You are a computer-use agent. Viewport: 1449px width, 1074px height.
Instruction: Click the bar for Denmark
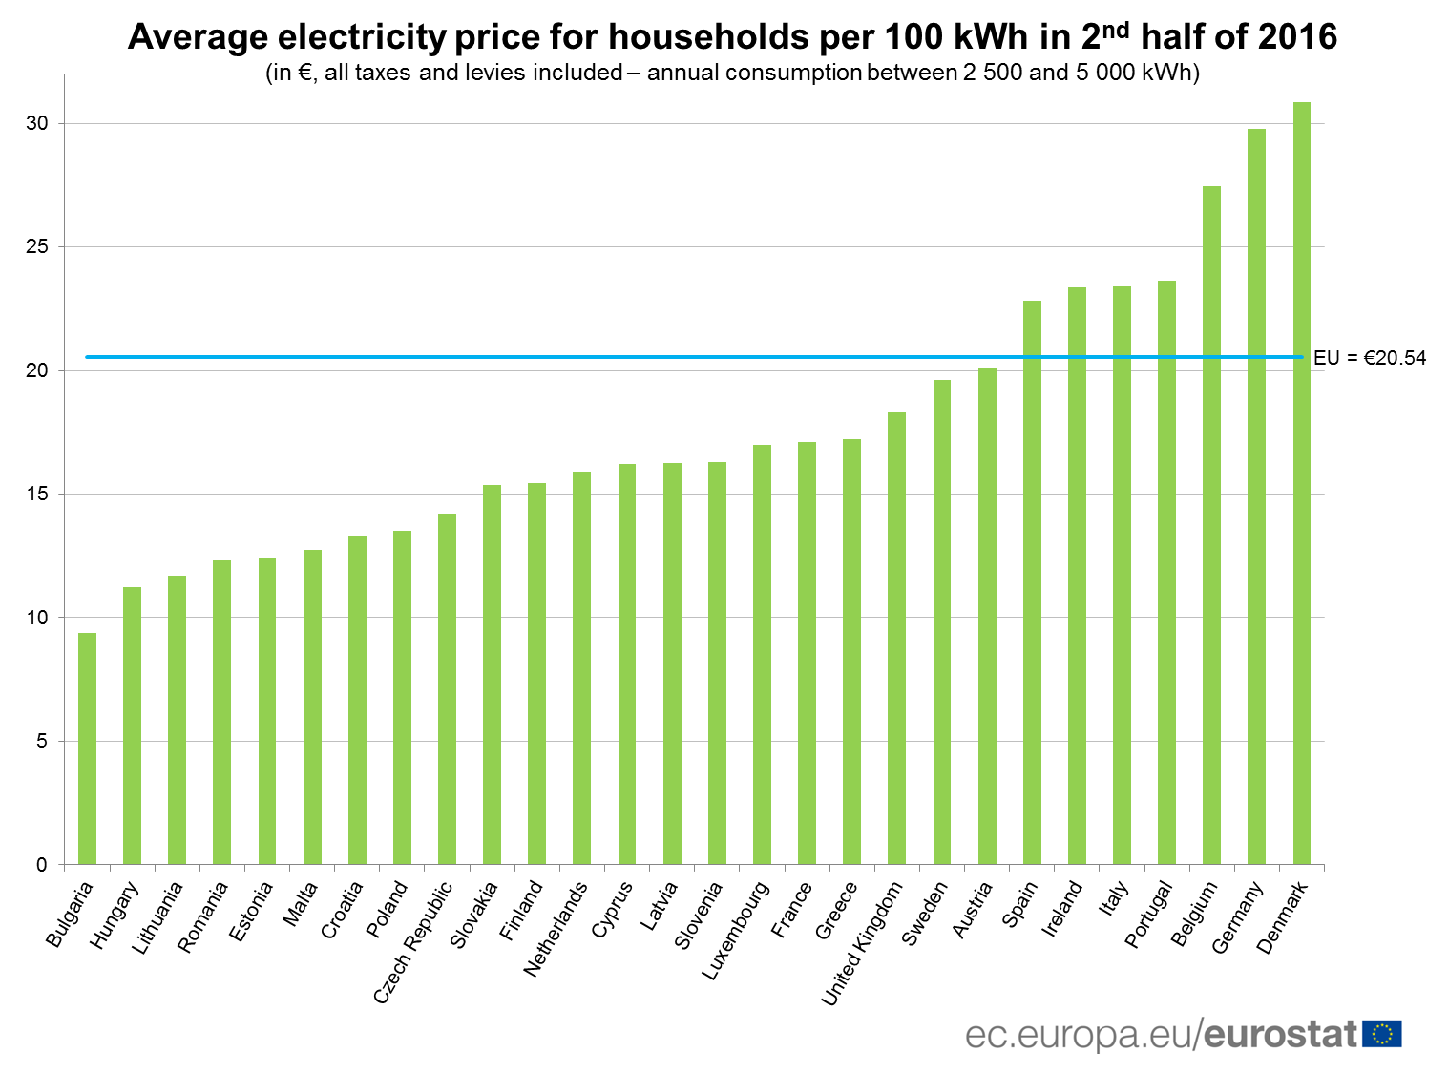pyautogui.click(x=1301, y=483)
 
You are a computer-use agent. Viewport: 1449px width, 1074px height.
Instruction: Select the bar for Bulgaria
pyautogui.click(x=87, y=748)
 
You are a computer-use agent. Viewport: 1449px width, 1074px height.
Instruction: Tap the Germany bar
pyautogui.click(x=1256, y=496)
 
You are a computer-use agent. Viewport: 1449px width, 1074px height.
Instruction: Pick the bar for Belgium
pyautogui.click(x=1211, y=525)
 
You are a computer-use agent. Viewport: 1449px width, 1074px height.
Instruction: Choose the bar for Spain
pyautogui.click(x=1032, y=582)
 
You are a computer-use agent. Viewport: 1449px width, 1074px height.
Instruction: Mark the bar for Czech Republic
pyautogui.click(x=447, y=688)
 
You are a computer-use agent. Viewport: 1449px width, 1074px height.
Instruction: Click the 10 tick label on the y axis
pyautogui.click(x=37, y=618)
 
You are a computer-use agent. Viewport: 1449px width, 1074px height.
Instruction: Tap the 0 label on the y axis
pyautogui.click(x=42, y=865)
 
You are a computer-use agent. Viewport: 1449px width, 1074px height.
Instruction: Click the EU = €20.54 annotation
pyautogui.click(x=1369, y=358)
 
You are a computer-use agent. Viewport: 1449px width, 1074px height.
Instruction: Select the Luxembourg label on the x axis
pyautogui.click(x=736, y=930)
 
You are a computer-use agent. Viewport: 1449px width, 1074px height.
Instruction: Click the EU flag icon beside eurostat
pyautogui.click(x=1382, y=1034)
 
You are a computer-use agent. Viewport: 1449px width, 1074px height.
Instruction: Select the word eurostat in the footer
pyautogui.click(x=1279, y=1034)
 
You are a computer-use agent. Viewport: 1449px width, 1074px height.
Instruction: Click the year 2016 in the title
pyautogui.click(x=1297, y=37)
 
